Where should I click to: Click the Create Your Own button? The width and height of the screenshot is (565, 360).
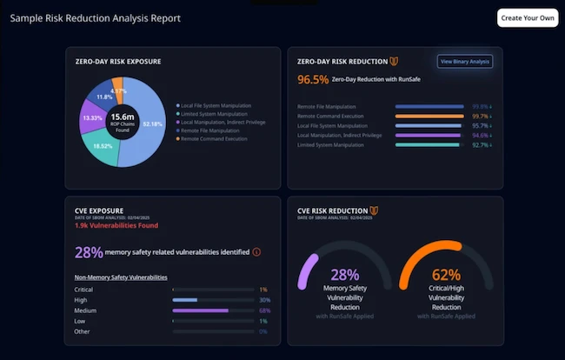[527, 18]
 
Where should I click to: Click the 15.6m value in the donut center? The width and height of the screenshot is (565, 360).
[122, 116]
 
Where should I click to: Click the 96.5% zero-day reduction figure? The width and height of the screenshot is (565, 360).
[313, 79]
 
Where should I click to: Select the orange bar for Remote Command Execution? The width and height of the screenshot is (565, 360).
[429, 116]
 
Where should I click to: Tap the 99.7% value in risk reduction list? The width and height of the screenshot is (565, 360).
[479, 116]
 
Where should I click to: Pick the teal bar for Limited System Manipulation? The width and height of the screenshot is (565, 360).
[428, 145]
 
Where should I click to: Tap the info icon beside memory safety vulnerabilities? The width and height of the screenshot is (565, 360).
[256, 252]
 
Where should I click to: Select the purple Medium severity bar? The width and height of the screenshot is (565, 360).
[200, 310]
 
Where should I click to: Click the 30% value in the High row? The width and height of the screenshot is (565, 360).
[263, 299]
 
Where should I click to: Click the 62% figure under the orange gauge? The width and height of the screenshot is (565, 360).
[446, 276]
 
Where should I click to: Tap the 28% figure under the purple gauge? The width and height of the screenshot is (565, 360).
[345, 276]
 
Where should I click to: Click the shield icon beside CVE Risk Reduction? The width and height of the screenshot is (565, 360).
[374, 210]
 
